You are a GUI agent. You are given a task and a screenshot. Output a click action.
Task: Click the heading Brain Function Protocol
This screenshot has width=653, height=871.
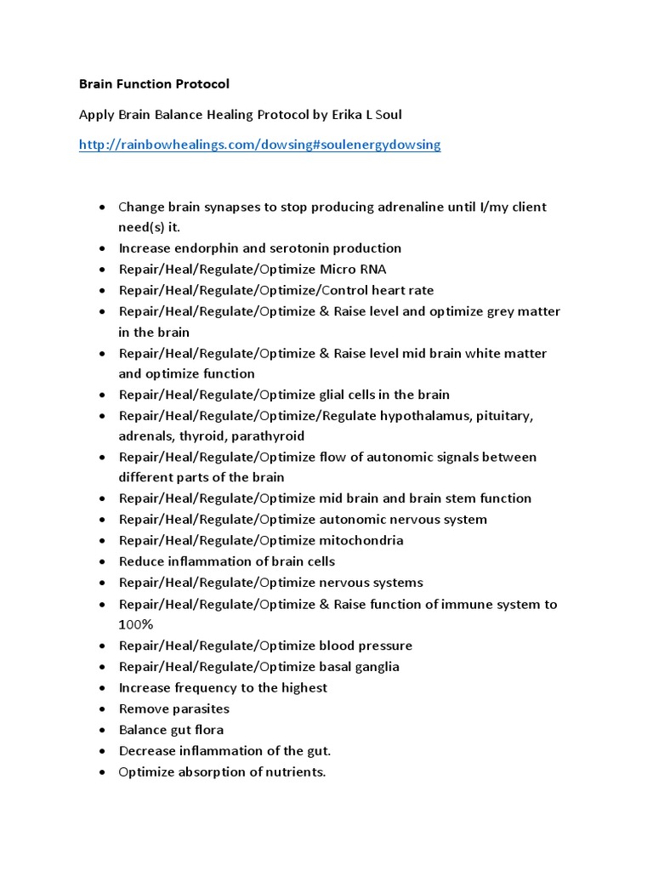[x=154, y=84]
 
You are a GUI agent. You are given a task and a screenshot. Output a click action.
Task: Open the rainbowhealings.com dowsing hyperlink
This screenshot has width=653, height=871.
[x=259, y=145]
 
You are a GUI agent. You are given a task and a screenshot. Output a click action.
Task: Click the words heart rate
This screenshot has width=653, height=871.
[x=405, y=290]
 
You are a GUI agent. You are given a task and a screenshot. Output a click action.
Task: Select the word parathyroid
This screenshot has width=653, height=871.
[x=270, y=436]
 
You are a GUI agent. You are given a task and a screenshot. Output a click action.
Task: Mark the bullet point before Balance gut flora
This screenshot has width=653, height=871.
[x=102, y=730]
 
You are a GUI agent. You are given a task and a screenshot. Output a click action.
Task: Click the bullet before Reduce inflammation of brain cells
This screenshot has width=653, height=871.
[x=102, y=561]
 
